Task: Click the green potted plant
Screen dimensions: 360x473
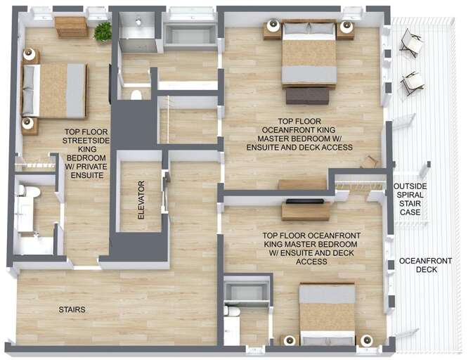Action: tap(103, 31)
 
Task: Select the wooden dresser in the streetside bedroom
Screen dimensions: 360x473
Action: tap(71, 27)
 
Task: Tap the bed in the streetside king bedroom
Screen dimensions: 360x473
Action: tap(54, 90)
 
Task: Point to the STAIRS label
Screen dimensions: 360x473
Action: tap(72, 309)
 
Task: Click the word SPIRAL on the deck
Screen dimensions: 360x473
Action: tap(410, 195)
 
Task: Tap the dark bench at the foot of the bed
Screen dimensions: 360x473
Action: tap(308, 95)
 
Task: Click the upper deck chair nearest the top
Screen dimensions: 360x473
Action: tap(411, 44)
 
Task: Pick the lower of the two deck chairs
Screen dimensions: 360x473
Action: tap(413, 82)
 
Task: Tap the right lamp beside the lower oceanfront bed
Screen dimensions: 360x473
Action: tap(366, 340)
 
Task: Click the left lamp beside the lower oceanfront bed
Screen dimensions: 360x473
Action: tap(289, 340)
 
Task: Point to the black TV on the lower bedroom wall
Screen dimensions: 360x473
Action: tap(306, 201)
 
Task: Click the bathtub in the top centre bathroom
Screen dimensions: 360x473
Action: tap(190, 35)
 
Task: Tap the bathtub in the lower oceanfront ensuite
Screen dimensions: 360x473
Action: tap(246, 291)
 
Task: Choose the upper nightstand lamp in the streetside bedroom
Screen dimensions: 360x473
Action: tap(30, 53)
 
